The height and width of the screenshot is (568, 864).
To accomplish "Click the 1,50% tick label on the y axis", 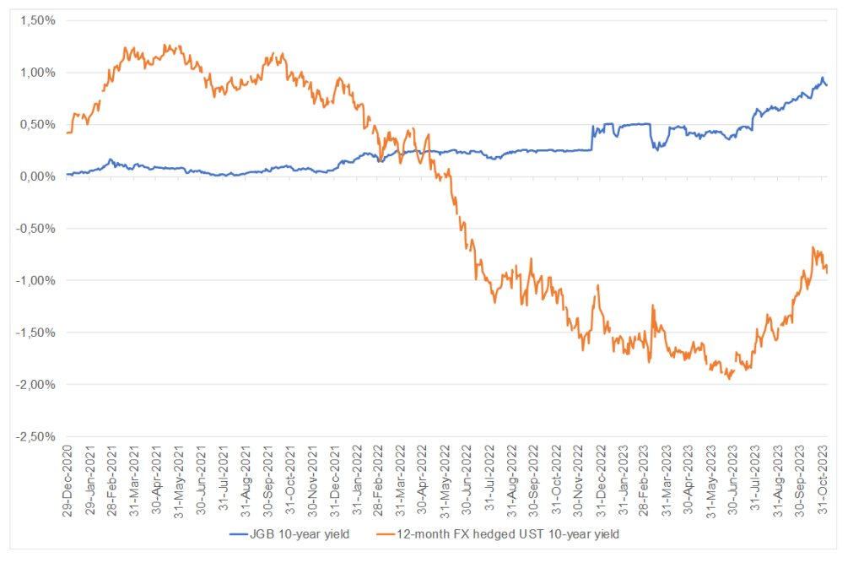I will point(37,20).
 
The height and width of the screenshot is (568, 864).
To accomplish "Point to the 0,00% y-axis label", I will point(37,176).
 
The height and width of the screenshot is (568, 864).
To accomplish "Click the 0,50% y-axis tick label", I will point(37,124).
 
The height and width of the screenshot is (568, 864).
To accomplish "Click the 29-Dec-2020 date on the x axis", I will point(67,477).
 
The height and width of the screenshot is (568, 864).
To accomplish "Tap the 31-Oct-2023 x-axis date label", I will point(824,477).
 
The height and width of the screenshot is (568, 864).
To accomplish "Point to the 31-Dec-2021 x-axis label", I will point(335,477).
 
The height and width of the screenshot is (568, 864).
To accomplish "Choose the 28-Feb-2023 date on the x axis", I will point(646,477).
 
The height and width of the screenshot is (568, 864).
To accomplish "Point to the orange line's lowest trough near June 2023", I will point(730,379).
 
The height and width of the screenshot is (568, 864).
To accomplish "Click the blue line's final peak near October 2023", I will point(823,78).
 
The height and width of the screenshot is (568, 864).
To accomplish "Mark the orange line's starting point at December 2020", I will point(67,133).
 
